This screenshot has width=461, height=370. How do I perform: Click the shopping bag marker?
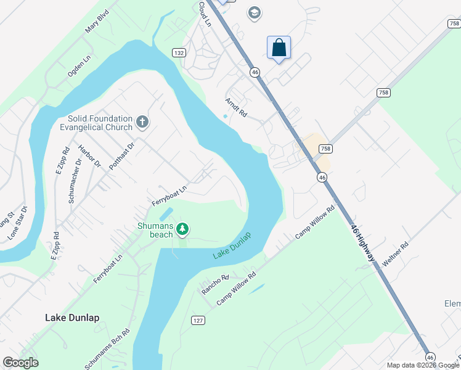point(279,48)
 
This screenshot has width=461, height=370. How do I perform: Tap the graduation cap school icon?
point(254,13)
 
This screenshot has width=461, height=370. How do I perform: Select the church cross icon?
point(142,122)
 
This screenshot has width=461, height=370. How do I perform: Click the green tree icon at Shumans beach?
point(182,229)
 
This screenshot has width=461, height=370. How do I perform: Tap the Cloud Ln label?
point(205,14)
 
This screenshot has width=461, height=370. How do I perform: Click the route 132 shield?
point(179,53)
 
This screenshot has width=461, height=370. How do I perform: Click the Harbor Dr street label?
point(89,156)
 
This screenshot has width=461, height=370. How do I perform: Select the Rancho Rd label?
point(216,284)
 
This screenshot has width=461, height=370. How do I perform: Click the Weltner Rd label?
point(396,253)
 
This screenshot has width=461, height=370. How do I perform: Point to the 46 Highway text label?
point(362,242)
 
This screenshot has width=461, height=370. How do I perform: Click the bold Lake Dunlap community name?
point(72,318)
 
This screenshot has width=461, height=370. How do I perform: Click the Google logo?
point(20,363)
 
